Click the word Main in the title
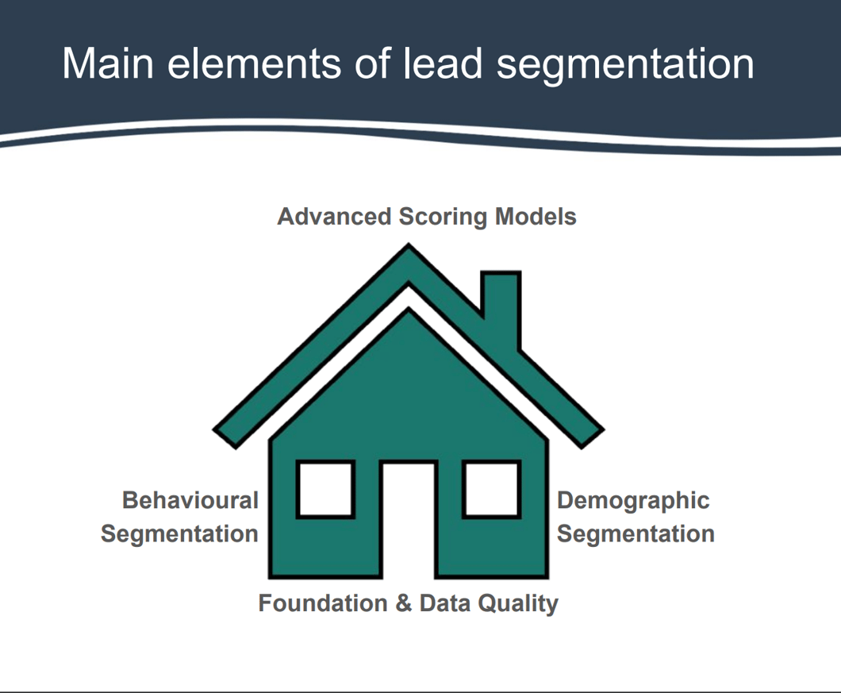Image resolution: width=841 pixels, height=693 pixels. [108, 64]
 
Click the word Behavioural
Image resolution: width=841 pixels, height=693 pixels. [190, 501]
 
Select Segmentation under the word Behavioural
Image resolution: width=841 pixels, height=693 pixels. [179, 533]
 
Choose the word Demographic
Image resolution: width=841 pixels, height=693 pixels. [633, 501]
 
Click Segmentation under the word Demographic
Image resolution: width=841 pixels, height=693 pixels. [636, 533]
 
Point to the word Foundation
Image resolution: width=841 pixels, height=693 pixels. [322, 603]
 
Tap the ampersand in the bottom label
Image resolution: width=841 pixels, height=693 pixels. [403, 603]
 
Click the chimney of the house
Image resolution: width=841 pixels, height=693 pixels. [501, 306]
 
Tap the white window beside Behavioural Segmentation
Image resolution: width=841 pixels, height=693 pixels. [325, 490]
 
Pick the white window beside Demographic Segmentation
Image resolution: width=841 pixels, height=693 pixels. [492, 490]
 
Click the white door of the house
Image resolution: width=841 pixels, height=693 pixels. [409, 519]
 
